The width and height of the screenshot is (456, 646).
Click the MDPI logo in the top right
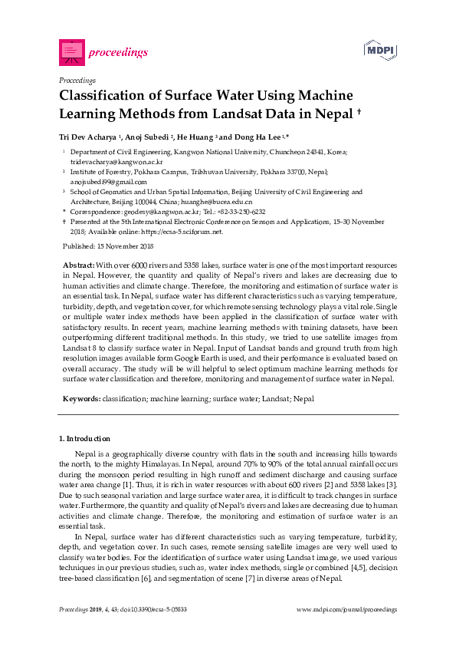pos(379,51)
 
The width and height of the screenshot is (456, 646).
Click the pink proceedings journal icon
pos(71,52)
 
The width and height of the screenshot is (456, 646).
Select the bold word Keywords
pos(80,399)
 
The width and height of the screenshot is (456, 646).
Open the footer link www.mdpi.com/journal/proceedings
pos(346,608)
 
